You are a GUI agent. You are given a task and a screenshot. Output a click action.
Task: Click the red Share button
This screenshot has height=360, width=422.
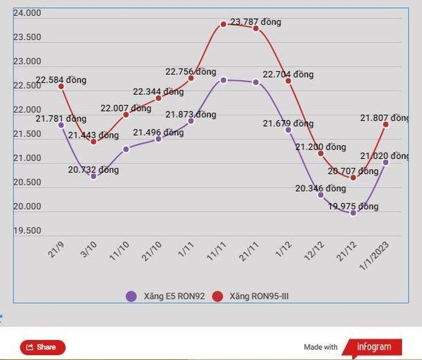(42, 347)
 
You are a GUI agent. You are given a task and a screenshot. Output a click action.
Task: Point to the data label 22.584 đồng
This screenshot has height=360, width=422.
(61, 80)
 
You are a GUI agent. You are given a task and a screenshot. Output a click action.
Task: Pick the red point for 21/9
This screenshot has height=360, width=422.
(61, 86)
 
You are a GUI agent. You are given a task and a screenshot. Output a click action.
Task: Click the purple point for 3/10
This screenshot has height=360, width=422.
(93, 176)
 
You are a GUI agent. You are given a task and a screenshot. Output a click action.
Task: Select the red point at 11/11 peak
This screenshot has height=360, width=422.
(223, 24)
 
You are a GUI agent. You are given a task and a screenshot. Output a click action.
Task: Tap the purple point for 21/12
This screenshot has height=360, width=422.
(353, 212)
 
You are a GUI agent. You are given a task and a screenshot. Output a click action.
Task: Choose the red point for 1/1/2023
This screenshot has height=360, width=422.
(386, 124)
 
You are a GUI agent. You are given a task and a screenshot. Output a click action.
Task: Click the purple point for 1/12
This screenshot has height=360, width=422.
(288, 130)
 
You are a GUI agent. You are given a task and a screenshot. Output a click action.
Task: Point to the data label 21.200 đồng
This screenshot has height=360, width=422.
(321, 147)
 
